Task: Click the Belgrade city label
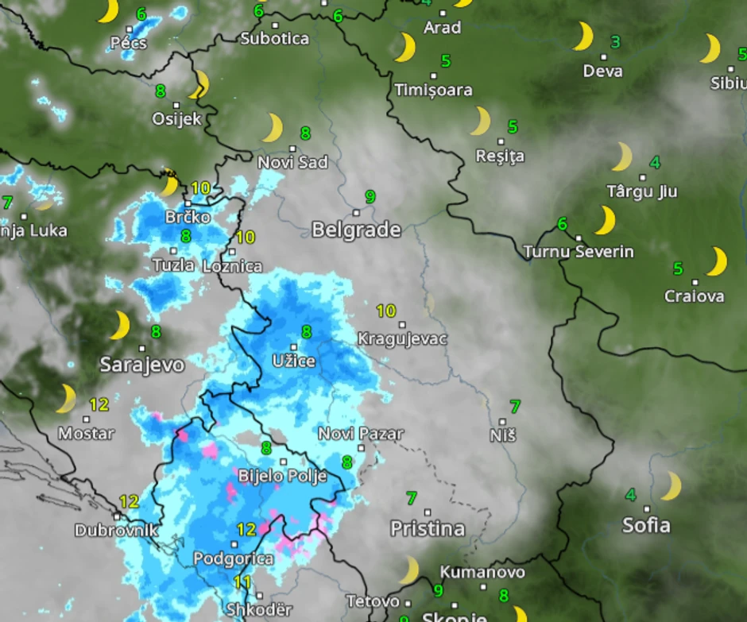pos(356,230)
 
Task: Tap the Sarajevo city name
pos(141,365)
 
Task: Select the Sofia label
pos(646,525)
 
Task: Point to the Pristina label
pos(427,528)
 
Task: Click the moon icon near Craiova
pos(717,261)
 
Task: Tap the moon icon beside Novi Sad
pos(273,128)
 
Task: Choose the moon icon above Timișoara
pos(405,48)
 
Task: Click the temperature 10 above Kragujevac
pos(385,311)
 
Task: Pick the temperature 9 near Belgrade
pos(370,196)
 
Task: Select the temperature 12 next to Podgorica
pos(246,529)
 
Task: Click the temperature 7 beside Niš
pos(515,407)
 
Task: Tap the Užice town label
pos(293,361)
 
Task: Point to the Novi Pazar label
pos(360,434)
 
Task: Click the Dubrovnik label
pos(116,530)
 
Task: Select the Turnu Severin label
pos(579,252)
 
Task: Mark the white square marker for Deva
pos(603,56)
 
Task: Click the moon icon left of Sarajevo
pos(120,325)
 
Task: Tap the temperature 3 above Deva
pos(615,41)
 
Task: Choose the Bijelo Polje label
pos(283,477)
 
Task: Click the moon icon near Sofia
pos(672,485)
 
